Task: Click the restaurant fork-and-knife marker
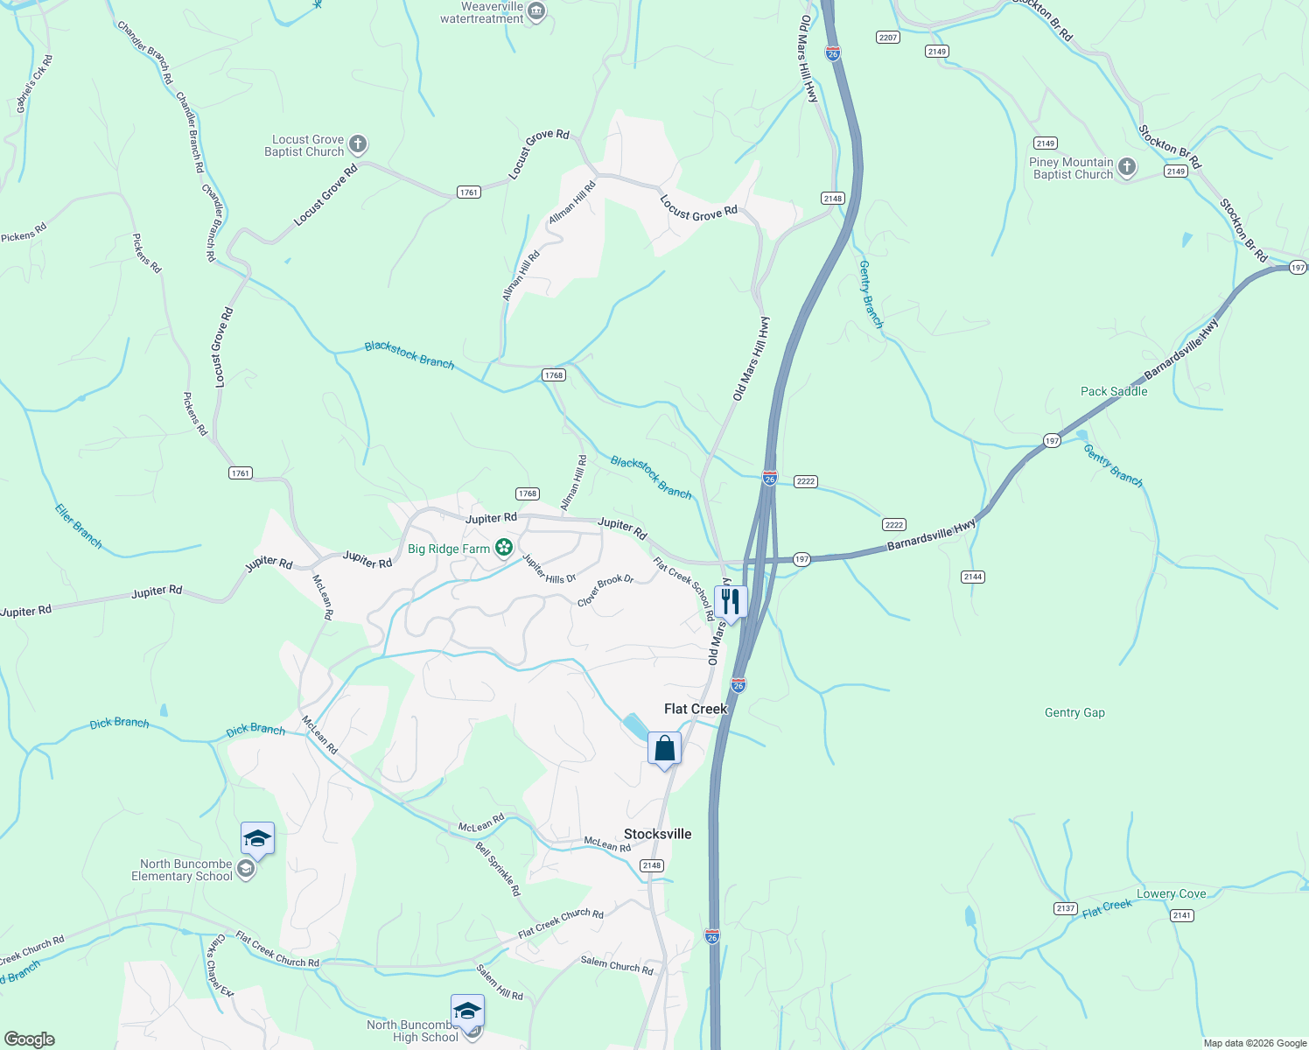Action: [731, 602]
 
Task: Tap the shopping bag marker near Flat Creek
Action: [664, 749]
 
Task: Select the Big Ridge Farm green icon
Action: [504, 548]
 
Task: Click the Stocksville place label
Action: [657, 834]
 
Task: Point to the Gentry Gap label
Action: [1074, 713]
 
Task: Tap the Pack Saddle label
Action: [1114, 391]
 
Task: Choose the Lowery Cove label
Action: [1171, 893]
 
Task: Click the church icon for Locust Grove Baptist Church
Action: [357, 144]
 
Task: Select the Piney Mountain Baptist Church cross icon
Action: [1127, 167]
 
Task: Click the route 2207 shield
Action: [888, 37]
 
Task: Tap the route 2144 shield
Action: [973, 576]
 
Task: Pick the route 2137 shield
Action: [1065, 908]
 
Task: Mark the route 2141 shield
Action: [1181, 915]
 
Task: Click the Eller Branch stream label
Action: [79, 527]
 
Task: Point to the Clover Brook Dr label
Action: [605, 591]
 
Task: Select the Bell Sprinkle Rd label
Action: [498, 869]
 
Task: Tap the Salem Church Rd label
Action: [617, 965]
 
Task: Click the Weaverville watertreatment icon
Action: [536, 12]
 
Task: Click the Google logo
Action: [30, 1039]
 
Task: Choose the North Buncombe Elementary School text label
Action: [182, 870]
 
